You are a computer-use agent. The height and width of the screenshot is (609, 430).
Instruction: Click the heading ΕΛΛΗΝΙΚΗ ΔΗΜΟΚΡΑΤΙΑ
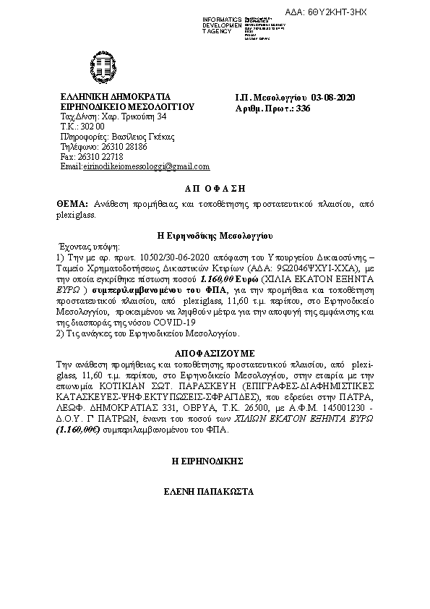(x=116, y=96)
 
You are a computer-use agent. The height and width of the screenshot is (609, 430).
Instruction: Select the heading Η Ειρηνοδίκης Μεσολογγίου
(x=215, y=235)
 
